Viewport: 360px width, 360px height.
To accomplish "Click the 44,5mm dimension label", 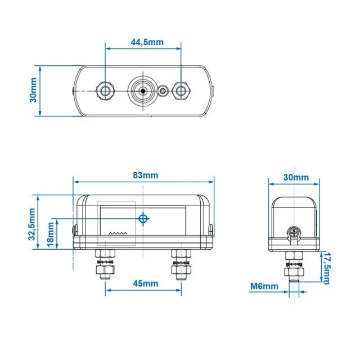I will [143, 42].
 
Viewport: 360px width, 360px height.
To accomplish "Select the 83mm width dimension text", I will [145, 175].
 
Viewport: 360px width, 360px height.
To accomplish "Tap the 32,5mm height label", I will [32, 224].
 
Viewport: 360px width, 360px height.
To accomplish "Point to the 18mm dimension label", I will [51, 235].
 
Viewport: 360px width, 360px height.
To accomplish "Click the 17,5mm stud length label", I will [326, 268].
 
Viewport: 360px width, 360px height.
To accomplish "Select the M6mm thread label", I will [264, 286].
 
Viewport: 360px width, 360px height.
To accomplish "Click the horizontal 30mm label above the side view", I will [295, 177].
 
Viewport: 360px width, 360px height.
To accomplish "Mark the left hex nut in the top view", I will [105, 91].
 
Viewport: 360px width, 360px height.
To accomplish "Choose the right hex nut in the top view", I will [181, 91].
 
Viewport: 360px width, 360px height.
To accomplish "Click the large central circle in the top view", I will [143, 91].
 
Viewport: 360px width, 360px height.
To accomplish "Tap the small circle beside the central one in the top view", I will [163, 91].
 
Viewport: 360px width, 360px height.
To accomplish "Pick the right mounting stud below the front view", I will [181, 264].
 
